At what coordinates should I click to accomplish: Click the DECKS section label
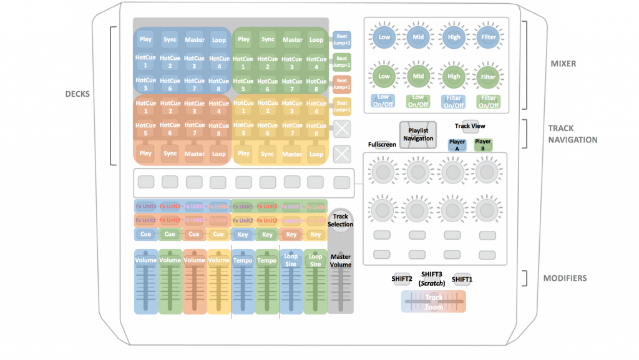click(77, 94)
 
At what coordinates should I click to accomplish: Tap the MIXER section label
click(563, 64)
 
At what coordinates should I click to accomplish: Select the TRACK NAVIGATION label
click(572, 134)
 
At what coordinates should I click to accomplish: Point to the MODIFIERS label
click(565, 278)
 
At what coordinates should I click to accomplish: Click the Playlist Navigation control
click(417, 134)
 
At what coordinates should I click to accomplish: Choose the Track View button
click(470, 126)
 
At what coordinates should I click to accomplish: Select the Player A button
click(457, 145)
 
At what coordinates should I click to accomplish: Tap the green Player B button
click(483, 145)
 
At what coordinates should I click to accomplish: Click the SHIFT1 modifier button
click(462, 279)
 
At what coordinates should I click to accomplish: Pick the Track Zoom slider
click(434, 302)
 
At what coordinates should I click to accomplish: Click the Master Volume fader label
click(341, 261)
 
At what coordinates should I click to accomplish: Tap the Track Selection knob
click(341, 220)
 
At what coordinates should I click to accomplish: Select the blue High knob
click(454, 37)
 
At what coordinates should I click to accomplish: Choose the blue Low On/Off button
click(383, 101)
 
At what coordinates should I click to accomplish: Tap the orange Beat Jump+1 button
click(341, 84)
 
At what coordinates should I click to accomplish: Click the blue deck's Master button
click(194, 39)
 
